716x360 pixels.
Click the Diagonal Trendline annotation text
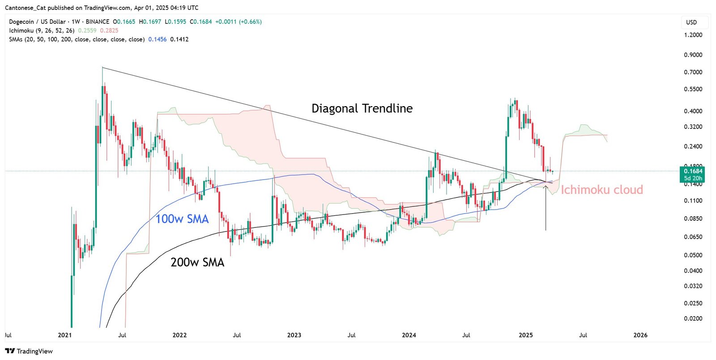tap(362, 108)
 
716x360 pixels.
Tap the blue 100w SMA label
tap(182, 219)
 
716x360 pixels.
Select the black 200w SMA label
tap(197, 262)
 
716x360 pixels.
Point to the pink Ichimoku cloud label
tap(602, 190)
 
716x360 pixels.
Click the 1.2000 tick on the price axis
tap(693, 35)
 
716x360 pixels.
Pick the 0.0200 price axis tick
tap(693, 319)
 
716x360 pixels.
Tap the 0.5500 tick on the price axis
tap(693, 89)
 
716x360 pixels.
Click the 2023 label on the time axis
tap(294, 335)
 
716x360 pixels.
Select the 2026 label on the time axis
tap(640, 335)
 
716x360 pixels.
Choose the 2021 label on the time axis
tap(65, 335)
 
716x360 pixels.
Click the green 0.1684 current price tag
tap(693, 171)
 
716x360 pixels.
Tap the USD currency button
tap(691, 22)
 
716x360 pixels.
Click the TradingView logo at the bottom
tap(29, 351)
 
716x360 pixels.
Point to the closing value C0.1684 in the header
tap(201, 21)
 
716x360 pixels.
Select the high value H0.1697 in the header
tap(150, 21)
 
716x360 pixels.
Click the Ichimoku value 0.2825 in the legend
tap(109, 30)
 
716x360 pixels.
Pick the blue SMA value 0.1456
tap(158, 39)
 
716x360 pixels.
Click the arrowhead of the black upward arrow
tap(546, 187)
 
